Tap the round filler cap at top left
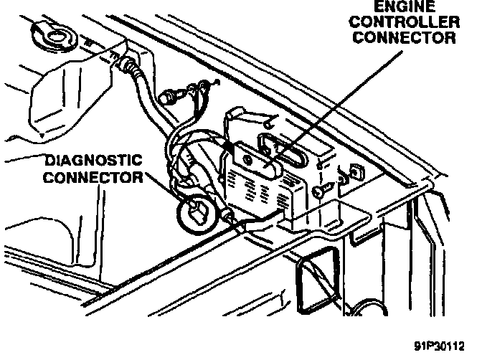click(50, 32)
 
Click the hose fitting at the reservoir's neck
click(131, 66)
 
